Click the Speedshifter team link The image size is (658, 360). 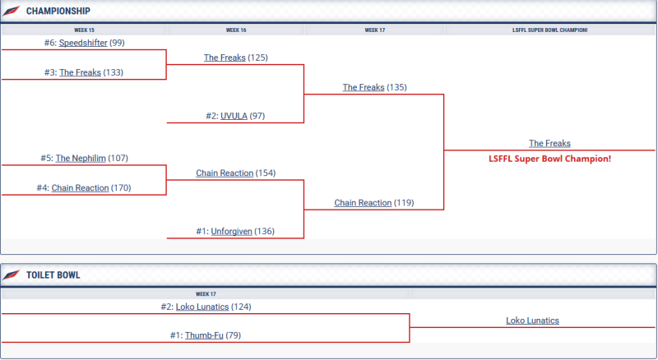83,43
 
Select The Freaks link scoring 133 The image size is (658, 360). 80,72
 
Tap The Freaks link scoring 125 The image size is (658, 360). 225,58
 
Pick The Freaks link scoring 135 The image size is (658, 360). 364,87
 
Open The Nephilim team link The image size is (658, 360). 81,158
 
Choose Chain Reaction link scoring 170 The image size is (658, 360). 80,187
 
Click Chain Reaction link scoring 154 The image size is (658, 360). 225,173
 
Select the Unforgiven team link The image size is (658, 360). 231,231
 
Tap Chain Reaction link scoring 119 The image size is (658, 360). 363,202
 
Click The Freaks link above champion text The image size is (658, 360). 549,143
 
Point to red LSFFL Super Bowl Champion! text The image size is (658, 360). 549,158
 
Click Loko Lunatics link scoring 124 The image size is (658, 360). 202,307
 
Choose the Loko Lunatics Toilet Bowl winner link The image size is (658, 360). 533,321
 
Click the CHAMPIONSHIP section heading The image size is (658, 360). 58,12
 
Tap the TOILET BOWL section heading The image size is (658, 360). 53,275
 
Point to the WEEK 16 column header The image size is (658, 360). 236,30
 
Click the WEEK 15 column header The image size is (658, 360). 84,30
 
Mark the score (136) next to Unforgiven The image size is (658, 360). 264,231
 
